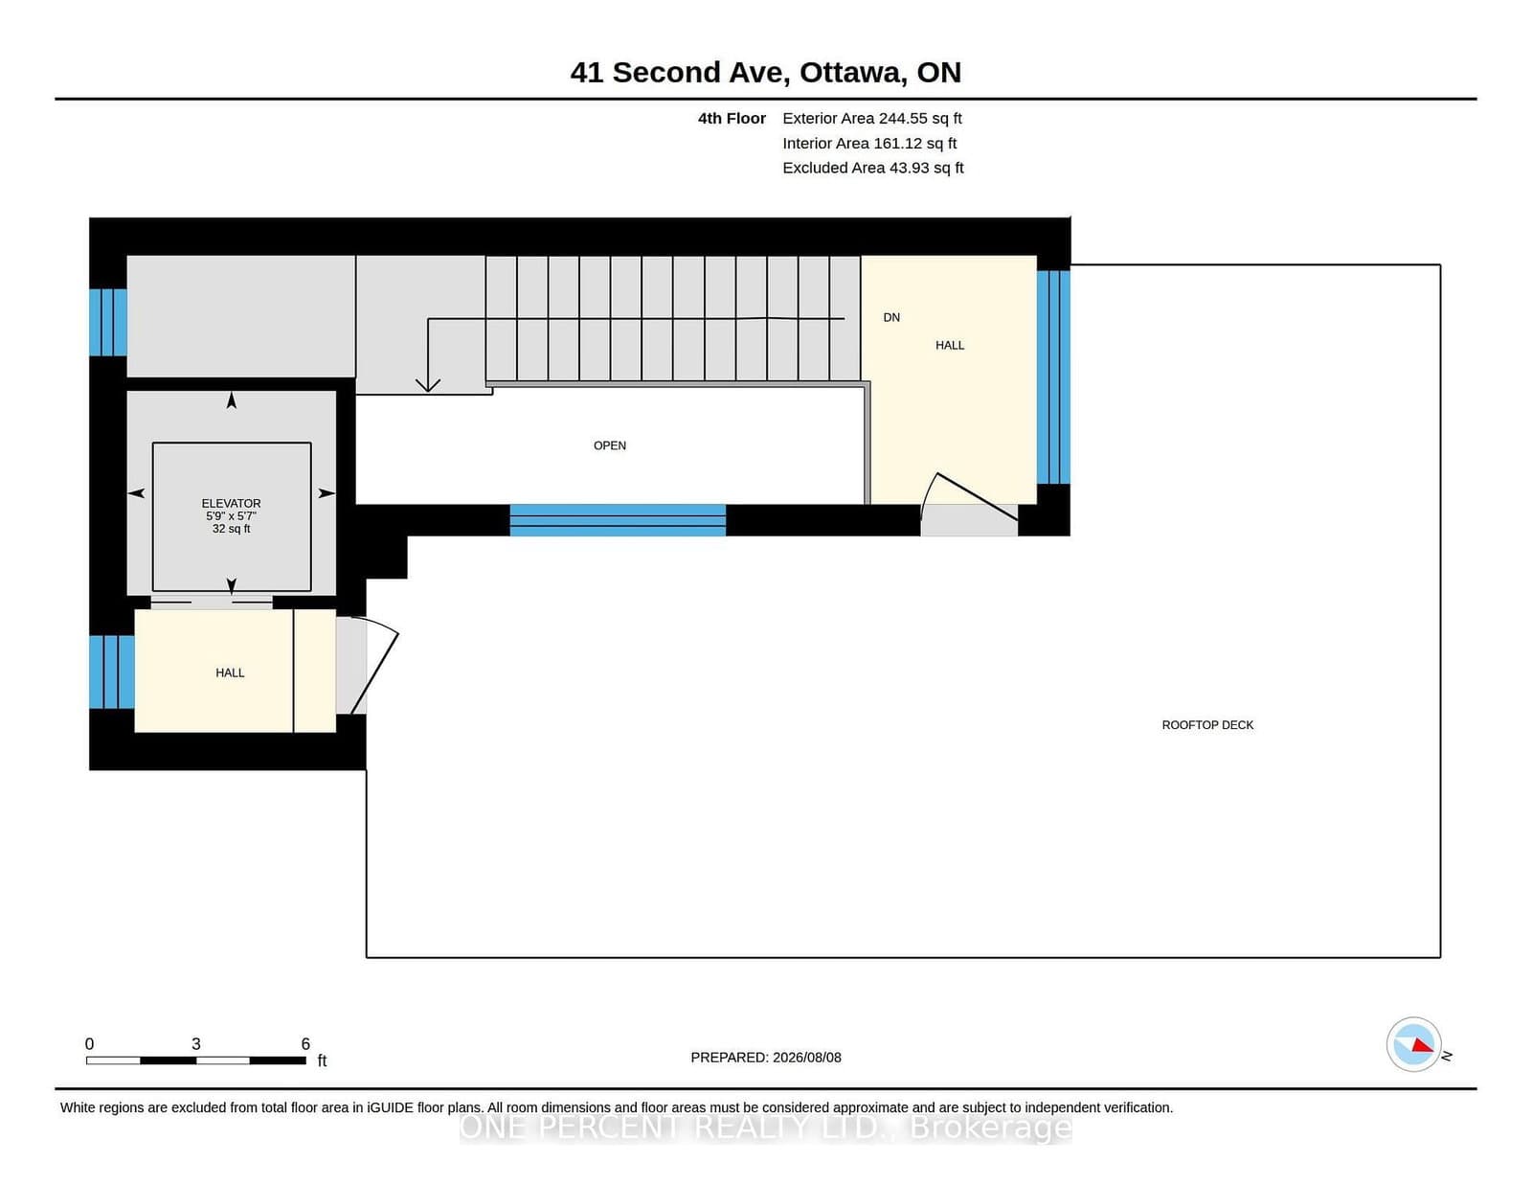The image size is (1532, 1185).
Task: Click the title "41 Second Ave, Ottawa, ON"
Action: pos(766,73)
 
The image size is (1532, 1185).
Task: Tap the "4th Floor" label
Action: pos(732,119)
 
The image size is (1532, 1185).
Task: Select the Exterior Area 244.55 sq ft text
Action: pos(872,119)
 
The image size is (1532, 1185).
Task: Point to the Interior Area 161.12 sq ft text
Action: pos(869,143)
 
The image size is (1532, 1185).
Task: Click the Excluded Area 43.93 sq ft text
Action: pos(873,168)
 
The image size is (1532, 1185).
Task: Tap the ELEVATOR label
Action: pos(232,503)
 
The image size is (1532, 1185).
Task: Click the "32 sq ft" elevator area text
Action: pos(232,528)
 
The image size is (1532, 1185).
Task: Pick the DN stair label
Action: pos(891,317)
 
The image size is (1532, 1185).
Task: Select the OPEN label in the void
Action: pos(610,445)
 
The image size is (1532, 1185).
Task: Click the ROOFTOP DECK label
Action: pos(1207,724)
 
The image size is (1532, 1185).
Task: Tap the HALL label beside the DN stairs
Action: pos(950,345)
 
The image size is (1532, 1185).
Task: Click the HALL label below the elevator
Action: pos(230,672)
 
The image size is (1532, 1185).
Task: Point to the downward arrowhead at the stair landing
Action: pos(427,385)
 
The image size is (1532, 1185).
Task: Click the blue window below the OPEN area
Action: pos(618,520)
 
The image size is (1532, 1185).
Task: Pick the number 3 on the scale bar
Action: pos(196,1044)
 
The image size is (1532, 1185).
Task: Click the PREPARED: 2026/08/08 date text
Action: pos(766,1058)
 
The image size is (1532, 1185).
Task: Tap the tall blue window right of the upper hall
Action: pos(1053,376)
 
